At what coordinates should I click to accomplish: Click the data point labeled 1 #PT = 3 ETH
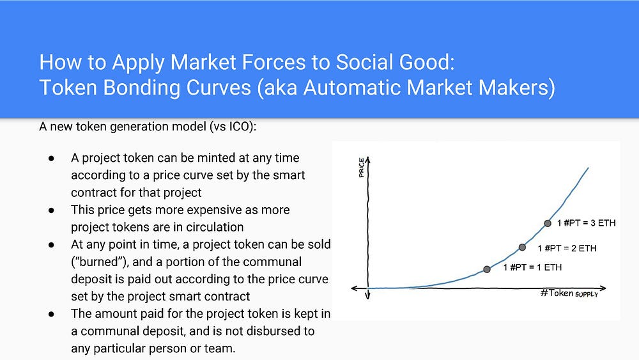[x=548, y=223]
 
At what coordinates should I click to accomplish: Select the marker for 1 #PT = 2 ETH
[x=522, y=247]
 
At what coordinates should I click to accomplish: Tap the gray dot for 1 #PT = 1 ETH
[x=486, y=269]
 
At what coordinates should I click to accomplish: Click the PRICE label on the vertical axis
[x=362, y=168]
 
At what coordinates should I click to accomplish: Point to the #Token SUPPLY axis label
[x=569, y=293]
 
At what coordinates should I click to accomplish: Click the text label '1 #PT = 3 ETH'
[x=586, y=223]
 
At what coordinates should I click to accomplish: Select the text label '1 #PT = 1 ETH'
[x=532, y=267]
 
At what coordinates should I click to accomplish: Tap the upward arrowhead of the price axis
[x=367, y=159]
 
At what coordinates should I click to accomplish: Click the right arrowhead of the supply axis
[x=603, y=288]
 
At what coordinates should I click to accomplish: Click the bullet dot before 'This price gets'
[x=51, y=210]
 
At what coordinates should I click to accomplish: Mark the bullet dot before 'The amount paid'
[x=51, y=314]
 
